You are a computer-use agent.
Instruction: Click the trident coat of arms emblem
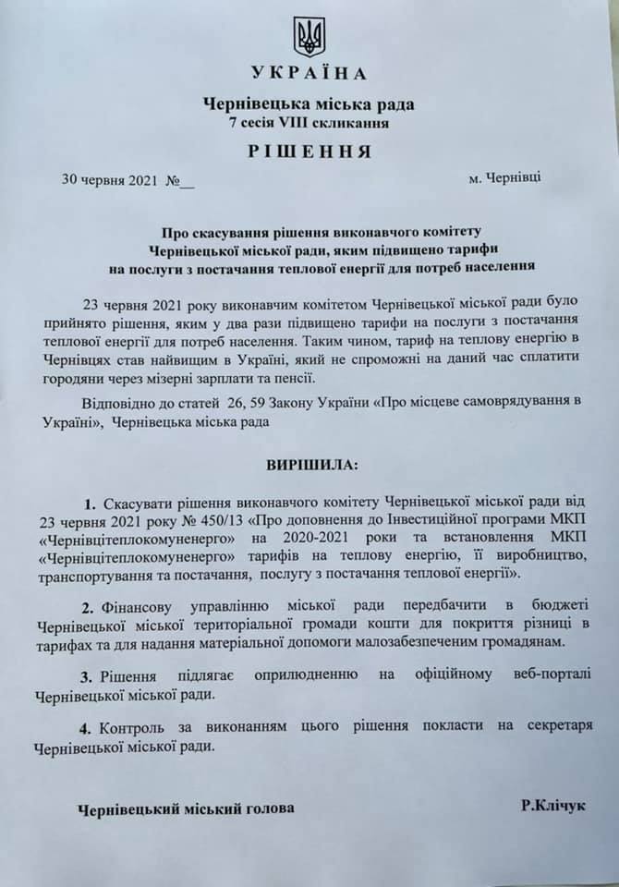point(309,37)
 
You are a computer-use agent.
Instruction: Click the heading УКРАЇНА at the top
point(309,74)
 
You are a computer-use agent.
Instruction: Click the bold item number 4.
point(90,727)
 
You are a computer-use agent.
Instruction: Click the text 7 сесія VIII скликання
point(309,122)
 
